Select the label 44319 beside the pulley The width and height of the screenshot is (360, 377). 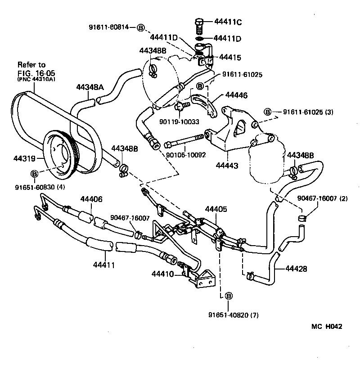click(x=24, y=158)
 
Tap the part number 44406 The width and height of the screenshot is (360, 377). click(x=91, y=199)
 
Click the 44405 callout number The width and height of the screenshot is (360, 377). click(x=216, y=209)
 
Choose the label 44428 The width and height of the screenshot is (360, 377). click(x=296, y=269)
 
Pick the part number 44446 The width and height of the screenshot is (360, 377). click(x=236, y=95)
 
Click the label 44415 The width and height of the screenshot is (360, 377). click(x=229, y=58)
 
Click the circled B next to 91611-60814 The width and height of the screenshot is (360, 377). click(x=140, y=27)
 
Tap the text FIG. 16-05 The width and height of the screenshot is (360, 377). click(x=35, y=73)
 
